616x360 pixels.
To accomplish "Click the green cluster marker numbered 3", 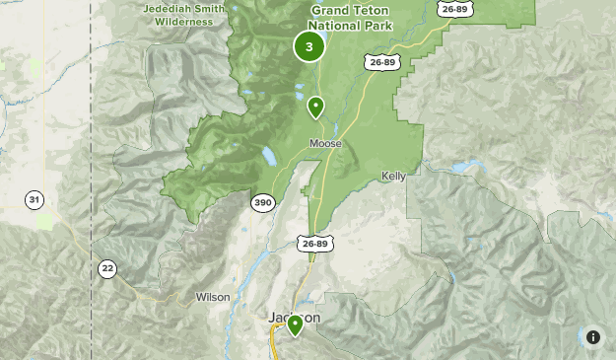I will pyautogui.click(x=309, y=46).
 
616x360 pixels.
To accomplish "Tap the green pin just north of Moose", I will pyautogui.click(x=315, y=107).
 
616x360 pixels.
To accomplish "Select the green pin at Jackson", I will pyautogui.click(x=294, y=324).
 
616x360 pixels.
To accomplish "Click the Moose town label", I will pyautogui.click(x=325, y=144).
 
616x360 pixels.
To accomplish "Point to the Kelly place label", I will pyautogui.click(x=393, y=177).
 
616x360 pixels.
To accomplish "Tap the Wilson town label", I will pyautogui.click(x=213, y=297).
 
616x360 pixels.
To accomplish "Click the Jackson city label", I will pyautogui.click(x=294, y=318).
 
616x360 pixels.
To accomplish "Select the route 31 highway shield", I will pyautogui.click(x=34, y=200).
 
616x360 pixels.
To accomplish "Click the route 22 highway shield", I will pyautogui.click(x=106, y=268).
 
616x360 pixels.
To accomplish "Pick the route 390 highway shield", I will pyautogui.click(x=262, y=203).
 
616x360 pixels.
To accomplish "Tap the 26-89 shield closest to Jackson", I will pyautogui.click(x=314, y=244).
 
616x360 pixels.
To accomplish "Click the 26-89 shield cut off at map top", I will pyautogui.click(x=454, y=9).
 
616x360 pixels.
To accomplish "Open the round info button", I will pyautogui.click(x=593, y=337).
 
